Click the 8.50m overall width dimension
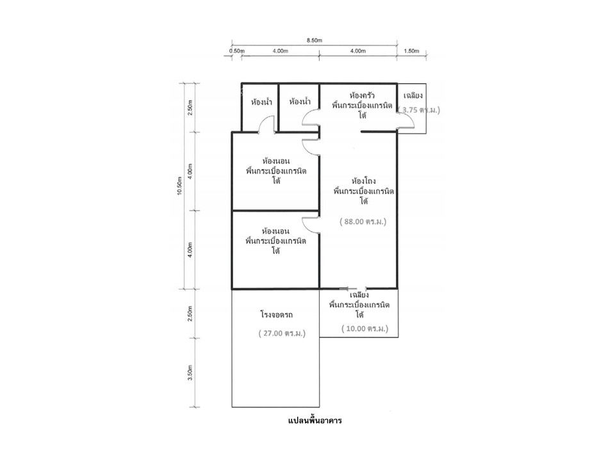pos(314,40)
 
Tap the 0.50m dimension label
pos(237,51)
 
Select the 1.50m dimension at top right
pos(411,51)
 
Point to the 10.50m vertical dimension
pos(179,186)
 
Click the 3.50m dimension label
pos(190,373)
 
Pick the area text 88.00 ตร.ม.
pos(363,222)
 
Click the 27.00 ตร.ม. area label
pos(282,333)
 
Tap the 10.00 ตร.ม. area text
pos(365,328)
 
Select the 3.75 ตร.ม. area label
pos(419,109)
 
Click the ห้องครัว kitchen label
pos(362,95)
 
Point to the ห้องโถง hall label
pos(364,181)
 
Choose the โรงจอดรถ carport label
pos(277,315)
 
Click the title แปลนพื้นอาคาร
pos(315,421)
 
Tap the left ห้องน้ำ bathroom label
pos(261,102)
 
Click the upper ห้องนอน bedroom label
pos(276,161)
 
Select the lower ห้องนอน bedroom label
pos(276,231)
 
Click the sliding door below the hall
pos(355,289)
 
